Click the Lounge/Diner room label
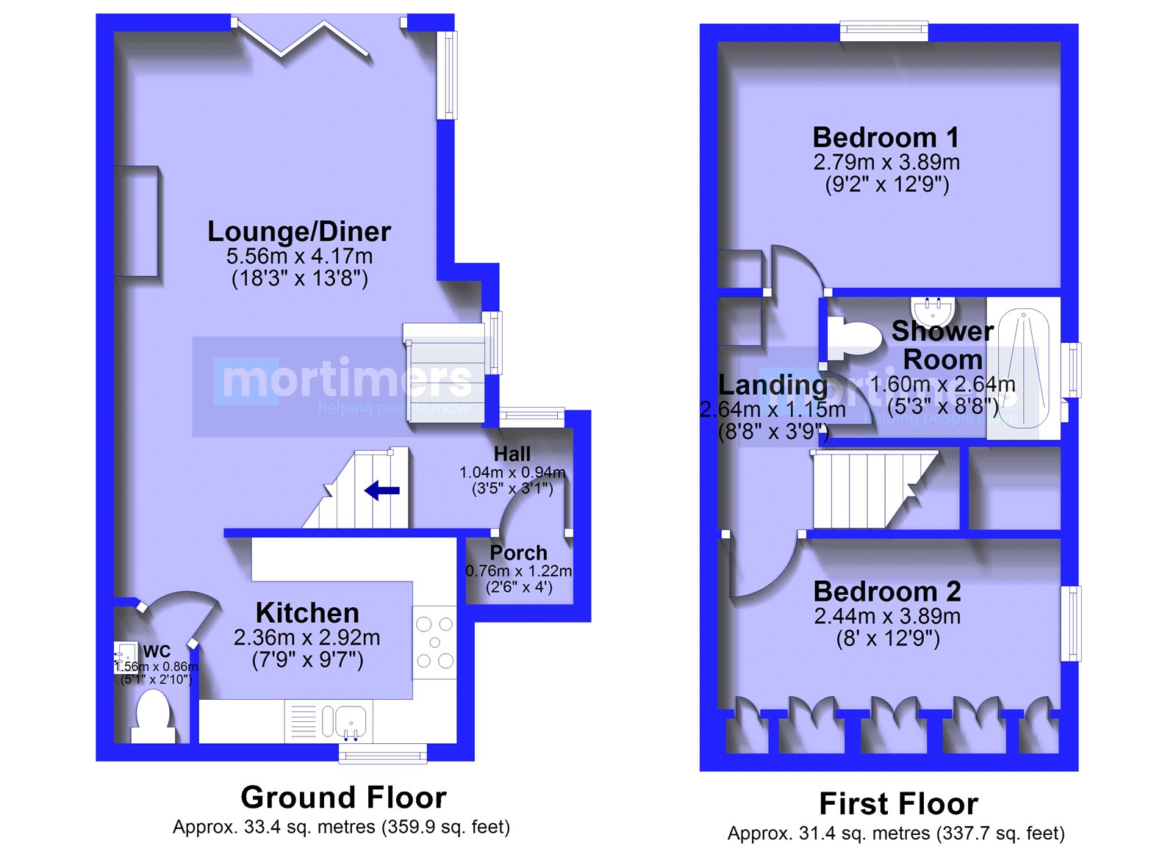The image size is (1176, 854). coord(299,232)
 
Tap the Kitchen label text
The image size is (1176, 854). coord(307,612)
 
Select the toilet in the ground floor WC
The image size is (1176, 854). coord(153,716)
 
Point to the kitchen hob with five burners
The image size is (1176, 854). coord(434,643)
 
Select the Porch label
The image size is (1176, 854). coord(518,553)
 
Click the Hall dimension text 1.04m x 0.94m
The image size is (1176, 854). coord(512,473)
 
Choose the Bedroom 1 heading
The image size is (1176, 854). coord(886,137)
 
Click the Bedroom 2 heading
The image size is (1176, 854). coord(887,592)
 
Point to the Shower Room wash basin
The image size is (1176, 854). coord(933,311)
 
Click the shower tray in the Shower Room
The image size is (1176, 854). coord(1023,368)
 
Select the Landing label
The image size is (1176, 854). coord(772,386)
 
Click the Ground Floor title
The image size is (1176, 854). coord(343,797)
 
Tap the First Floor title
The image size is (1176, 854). coord(898,803)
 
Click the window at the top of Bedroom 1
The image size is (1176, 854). coord(884,30)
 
